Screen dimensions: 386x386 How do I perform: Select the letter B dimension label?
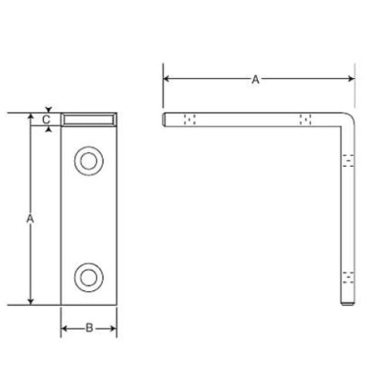[x=90, y=328]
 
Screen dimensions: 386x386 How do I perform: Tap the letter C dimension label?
[x=46, y=120]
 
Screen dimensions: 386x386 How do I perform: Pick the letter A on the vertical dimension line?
[x=30, y=218]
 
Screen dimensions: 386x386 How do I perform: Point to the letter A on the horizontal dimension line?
[x=256, y=80]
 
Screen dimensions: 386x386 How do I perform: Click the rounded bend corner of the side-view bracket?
[x=350, y=117]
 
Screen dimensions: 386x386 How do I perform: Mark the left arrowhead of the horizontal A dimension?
[x=166, y=79]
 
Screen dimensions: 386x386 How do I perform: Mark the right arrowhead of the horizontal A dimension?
[x=351, y=79]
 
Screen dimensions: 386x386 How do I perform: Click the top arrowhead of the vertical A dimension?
[x=31, y=117]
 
